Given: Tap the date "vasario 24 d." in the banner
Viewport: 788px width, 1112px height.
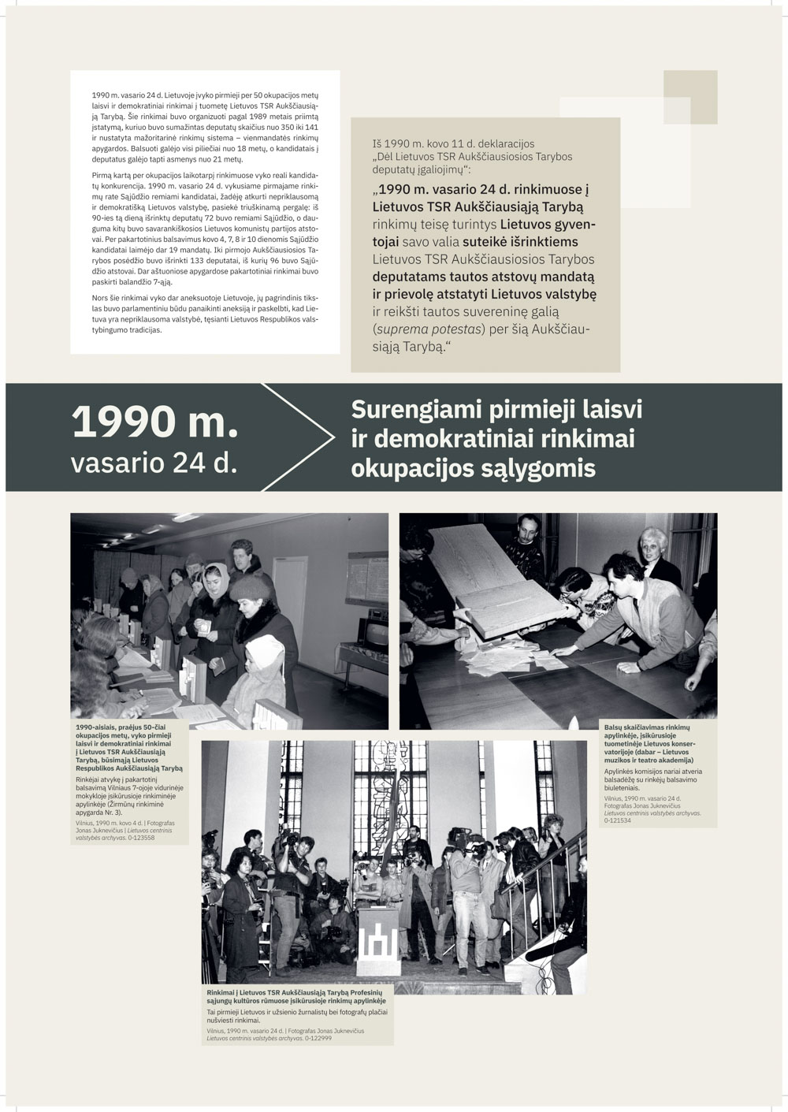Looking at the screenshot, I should point(154,463).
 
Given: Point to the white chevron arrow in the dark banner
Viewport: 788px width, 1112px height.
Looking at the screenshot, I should point(315,437).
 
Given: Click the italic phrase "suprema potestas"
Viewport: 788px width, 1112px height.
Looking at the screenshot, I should point(422,329).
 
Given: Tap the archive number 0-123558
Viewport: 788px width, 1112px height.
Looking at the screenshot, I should point(137,838).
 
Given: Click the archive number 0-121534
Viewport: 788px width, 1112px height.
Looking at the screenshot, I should point(619,820).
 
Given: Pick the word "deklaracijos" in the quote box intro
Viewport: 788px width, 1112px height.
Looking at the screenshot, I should point(500,144).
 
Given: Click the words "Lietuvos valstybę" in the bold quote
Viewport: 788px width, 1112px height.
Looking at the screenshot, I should point(543,294).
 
